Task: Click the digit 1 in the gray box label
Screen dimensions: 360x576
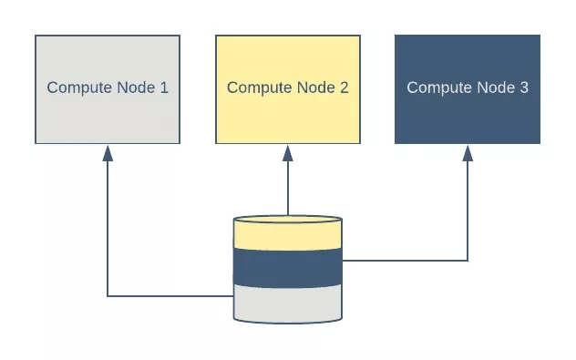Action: (164, 88)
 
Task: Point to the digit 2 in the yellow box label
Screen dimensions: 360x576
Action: (344, 88)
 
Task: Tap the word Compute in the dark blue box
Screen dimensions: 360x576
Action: (437, 88)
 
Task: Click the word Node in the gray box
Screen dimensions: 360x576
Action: (135, 88)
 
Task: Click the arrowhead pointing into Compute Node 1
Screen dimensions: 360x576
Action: (108, 152)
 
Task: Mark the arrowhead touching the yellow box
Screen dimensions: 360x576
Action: (288, 152)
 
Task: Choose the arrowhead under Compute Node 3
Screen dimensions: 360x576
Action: (468, 152)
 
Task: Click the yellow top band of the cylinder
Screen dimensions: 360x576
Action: (288, 235)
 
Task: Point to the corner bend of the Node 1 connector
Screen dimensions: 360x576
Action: (108, 295)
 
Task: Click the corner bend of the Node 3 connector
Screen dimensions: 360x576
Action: (468, 261)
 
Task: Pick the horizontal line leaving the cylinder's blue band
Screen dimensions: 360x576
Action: (406, 261)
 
